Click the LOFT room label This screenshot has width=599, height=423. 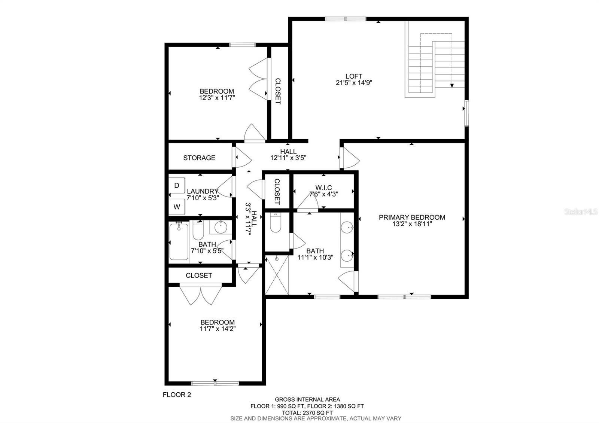[353, 76]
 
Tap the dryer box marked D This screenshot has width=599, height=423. [176, 185]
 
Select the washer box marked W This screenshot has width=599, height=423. [176, 207]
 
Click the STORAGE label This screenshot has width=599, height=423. [199, 158]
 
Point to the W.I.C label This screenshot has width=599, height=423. [323, 188]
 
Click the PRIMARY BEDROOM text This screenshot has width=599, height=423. [412, 217]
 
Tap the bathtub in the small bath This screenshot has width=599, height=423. [179, 242]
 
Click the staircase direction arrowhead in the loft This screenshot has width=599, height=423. [452, 86]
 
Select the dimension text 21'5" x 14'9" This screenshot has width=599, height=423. [354, 83]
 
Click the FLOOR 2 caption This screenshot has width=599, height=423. [177, 395]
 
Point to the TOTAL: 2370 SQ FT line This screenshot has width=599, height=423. [307, 413]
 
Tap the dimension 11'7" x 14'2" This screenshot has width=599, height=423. [218, 329]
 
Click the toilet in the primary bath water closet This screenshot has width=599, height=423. [276, 222]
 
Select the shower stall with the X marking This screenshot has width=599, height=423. [277, 275]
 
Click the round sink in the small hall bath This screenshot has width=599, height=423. [221, 227]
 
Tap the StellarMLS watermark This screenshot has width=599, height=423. [580, 212]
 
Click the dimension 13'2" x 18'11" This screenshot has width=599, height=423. [412, 224]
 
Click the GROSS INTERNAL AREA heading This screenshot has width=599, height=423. [307, 399]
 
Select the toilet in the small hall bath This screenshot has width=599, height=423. [198, 230]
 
